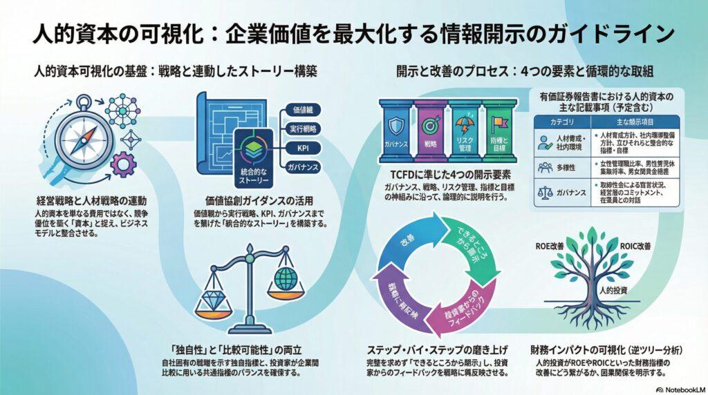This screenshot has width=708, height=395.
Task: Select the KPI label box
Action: (x=301, y=148)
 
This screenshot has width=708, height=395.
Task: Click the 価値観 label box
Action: (x=302, y=110)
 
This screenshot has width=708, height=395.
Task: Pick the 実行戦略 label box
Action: (x=302, y=129)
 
